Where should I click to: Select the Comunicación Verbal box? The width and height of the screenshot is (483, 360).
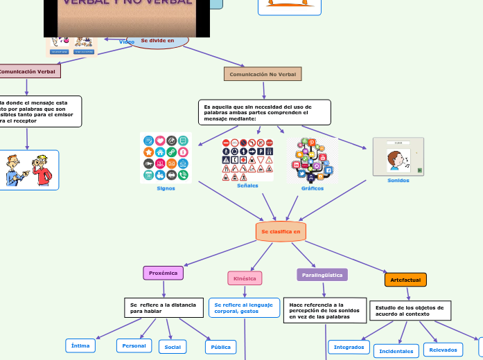pos(28,71)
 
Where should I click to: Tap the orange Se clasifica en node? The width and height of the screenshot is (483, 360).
pos(281,231)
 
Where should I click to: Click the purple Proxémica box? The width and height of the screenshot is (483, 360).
pos(163,273)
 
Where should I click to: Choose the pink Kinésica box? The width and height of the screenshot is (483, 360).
pos(245,278)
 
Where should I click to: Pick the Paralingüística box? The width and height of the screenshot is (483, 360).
pos(322,275)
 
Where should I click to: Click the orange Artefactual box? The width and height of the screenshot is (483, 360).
pos(405,280)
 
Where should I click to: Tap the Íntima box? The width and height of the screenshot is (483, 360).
pos(80,345)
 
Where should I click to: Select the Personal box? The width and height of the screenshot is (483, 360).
pos(134,345)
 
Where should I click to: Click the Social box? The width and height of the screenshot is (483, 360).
pos(173,346)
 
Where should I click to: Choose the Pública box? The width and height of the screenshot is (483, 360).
pos(220,346)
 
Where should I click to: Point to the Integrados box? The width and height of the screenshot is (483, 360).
pos(349,346)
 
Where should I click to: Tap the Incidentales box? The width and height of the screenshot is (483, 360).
pos(396,351)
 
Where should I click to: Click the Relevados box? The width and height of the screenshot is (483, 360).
pos(443,350)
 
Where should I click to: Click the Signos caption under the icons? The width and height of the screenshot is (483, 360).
pos(166,188)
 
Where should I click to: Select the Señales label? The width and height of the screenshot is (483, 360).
pos(247,186)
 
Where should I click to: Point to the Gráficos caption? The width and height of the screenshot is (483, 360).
pos(312,188)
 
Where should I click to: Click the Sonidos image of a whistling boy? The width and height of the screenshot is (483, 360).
pos(398,156)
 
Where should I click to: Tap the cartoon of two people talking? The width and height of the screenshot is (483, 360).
pos(28,170)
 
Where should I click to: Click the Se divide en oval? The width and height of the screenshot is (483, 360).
pos(157,41)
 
